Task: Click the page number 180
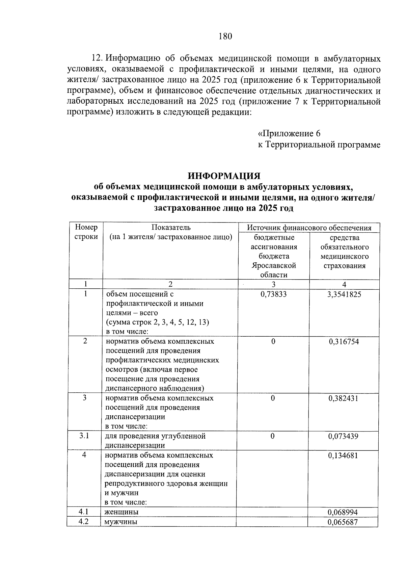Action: [x=225, y=36]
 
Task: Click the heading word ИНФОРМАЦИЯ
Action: [x=224, y=176]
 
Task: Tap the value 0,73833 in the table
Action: [x=273, y=294]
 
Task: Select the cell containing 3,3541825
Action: [x=344, y=294]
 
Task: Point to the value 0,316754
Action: [x=344, y=341]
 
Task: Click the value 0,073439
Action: [x=343, y=436]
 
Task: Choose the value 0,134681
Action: [x=343, y=455]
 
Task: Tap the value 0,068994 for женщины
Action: [x=343, y=512]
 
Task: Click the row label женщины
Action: [x=122, y=512]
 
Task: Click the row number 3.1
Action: [x=84, y=436]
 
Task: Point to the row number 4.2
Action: [x=83, y=521]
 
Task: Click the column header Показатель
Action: [x=171, y=227]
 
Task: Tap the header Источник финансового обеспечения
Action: [x=309, y=228]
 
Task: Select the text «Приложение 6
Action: [x=289, y=133]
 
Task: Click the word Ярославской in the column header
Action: [x=273, y=265]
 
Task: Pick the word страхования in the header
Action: [x=344, y=265]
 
